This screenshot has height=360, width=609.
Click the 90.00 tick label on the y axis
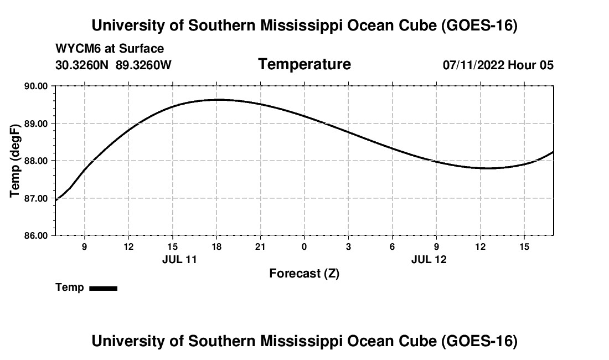(x=36, y=86)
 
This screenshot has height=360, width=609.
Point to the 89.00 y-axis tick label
(x=36, y=124)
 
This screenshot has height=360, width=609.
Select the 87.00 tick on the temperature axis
(x=36, y=198)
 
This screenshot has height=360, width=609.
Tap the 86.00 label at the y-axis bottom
(x=36, y=236)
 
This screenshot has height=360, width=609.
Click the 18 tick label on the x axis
(x=216, y=246)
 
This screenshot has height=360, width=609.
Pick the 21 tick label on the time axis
(x=260, y=246)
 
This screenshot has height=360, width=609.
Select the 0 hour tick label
(x=304, y=246)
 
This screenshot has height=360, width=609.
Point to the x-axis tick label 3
(x=348, y=246)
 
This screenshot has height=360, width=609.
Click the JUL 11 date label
(x=179, y=259)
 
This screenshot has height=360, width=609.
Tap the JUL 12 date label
(x=429, y=259)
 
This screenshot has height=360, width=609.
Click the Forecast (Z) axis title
(x=304, y=274)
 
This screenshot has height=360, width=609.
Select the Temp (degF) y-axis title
(x=15, y=161)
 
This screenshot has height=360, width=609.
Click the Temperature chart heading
(x=304, y=64)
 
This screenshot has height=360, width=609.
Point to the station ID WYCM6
(x=78, y=49)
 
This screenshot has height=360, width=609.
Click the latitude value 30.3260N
(x=82, y=65)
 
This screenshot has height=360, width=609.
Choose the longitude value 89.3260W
(x=143, y=65)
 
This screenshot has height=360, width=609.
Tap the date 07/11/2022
(x=473, y=65)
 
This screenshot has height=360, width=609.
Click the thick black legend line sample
(x=104, y=288)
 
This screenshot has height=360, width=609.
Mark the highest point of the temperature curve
(x=218, y=100)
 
